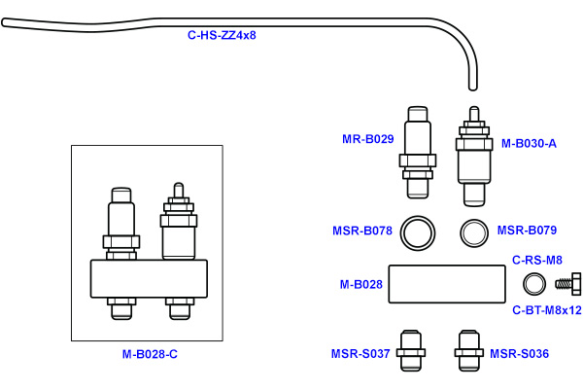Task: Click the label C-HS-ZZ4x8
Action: point(222,35)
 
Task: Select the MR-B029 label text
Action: point(367,139)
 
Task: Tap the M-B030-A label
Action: point(529,143)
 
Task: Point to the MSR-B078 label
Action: point(361,231)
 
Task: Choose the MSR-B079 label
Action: point(527,231)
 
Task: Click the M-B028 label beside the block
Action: point(360,285)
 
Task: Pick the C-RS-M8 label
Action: point(537,260)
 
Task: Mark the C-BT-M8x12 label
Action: point(546,310)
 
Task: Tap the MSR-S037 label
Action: point(360,353)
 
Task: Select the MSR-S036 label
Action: point(519,353)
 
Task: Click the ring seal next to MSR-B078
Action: point(419,232)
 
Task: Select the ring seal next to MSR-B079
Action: point(473,232)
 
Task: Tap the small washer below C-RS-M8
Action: point(534,285)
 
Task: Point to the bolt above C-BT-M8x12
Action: point(566,285)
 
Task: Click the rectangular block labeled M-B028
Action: point(447,285)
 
